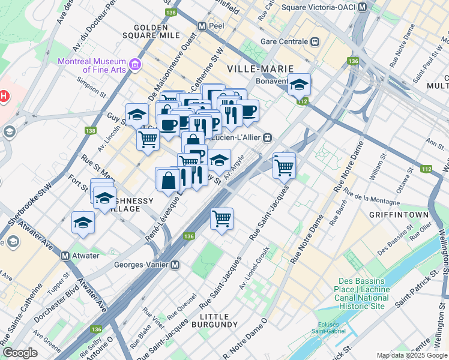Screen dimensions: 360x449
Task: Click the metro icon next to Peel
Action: [x=202, y=27]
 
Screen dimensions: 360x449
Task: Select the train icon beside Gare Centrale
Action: [x=314, y=41]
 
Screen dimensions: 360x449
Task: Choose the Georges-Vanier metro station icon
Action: [x=175, y=265]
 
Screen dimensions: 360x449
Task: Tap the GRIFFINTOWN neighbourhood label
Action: [x=399, y=215]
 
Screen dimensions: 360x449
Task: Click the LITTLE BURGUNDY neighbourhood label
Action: [x=214, y=320]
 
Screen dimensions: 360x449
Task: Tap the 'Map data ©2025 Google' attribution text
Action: [x=411, y=355]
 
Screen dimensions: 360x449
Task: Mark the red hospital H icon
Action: [x=4, y=96]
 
